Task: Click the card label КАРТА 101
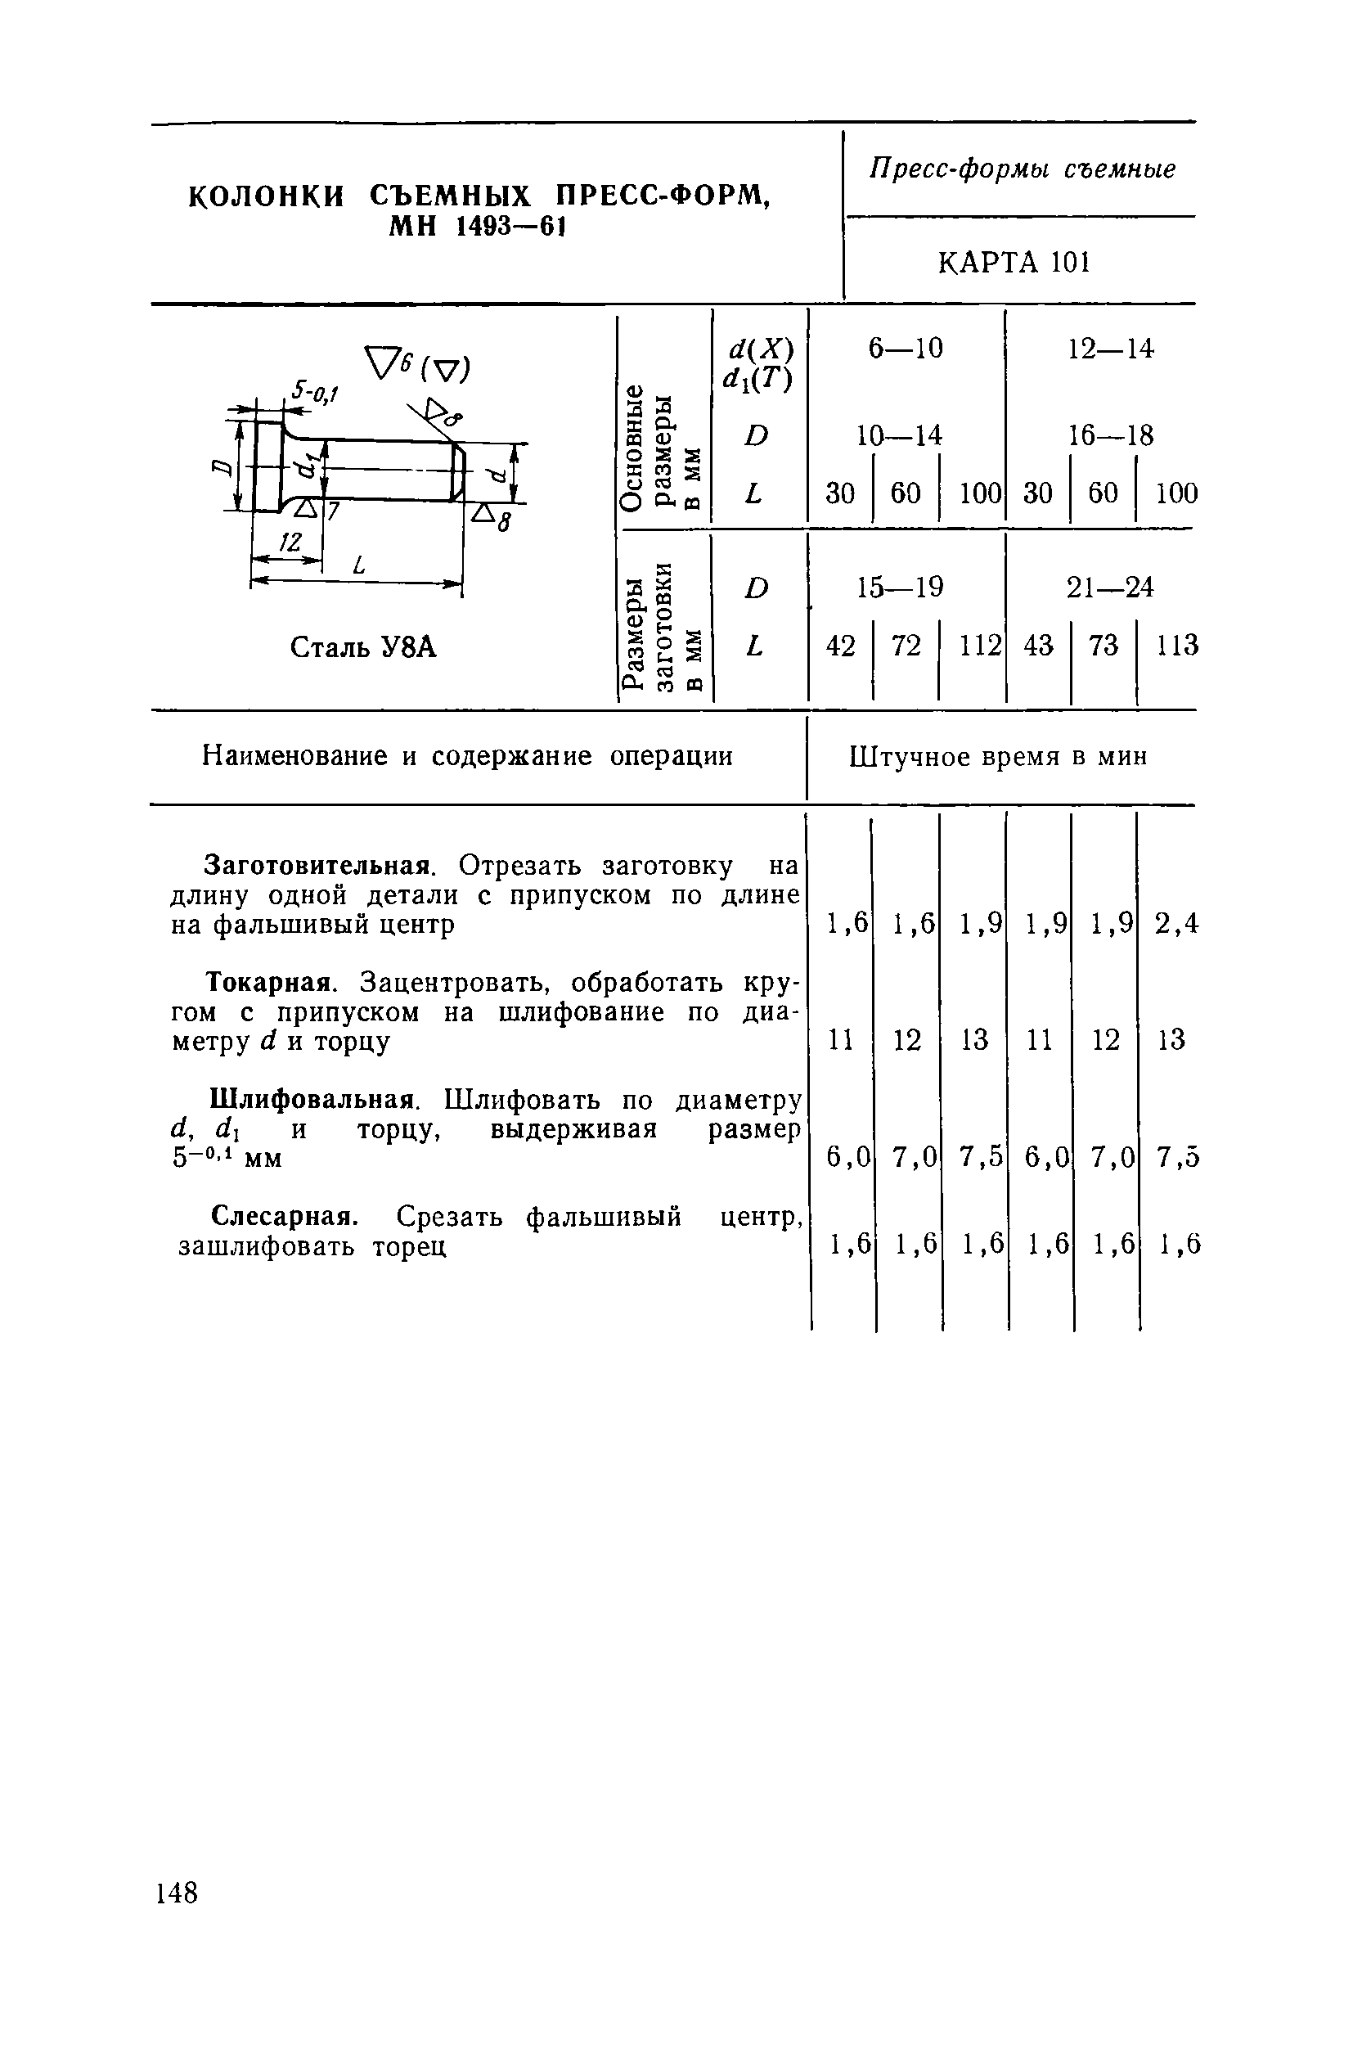coord(1014,262)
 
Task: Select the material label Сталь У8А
coord(363,646)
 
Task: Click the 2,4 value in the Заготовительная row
coord(1176,924)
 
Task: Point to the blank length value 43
coord(1038,645)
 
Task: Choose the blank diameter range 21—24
coord(1110,588)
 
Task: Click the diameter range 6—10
coord(906,349)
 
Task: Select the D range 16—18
coord(1111,435)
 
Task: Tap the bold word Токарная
coord(270,982)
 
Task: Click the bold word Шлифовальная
coord(314,1100)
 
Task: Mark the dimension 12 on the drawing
coord(290,542)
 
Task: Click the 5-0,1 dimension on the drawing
coord(314,393)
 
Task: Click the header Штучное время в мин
coord(998,757)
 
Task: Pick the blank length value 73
coord(1104,645)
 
